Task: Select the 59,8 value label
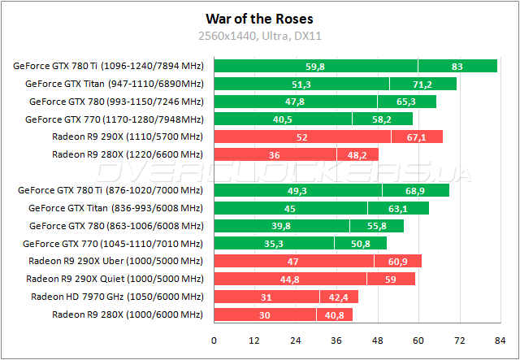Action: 315,67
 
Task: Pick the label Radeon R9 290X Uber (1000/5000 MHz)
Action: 115,261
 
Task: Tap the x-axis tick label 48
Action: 378,340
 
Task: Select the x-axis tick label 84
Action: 500,340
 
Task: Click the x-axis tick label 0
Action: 214,340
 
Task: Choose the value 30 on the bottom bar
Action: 265,314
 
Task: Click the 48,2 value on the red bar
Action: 357,154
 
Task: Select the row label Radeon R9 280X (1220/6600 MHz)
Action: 127,154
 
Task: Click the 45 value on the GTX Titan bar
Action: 289,208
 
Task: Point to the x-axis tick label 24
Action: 296,340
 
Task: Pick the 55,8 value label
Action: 376,226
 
